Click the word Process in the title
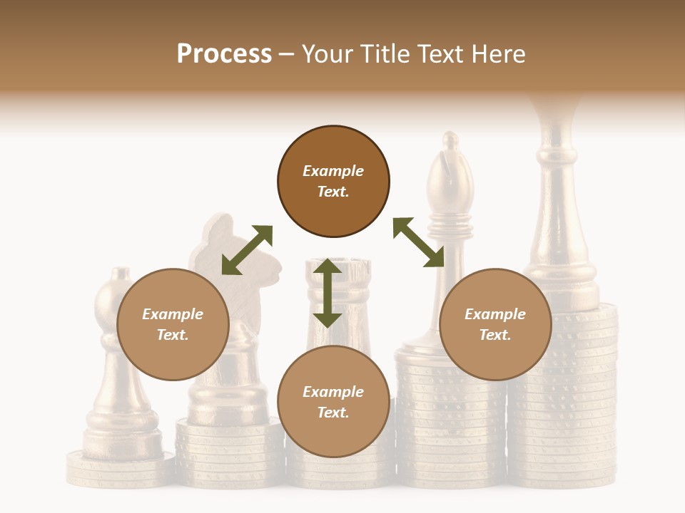[224, 53]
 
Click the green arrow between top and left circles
[247, 250]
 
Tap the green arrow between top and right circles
[419, 242]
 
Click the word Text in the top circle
[333, 192]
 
